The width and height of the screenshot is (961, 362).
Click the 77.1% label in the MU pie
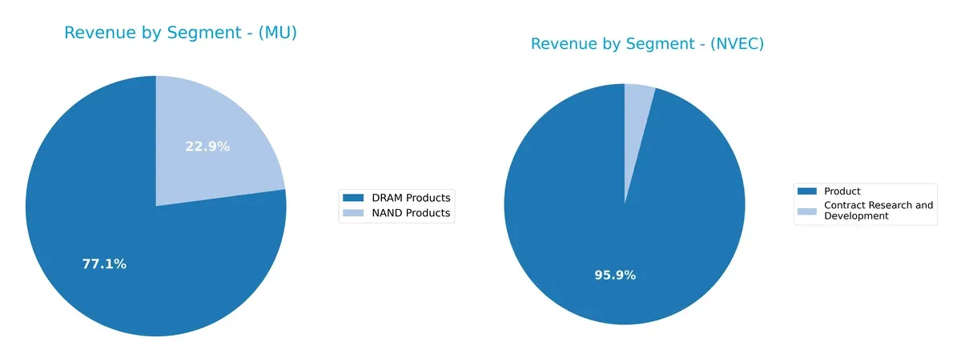[104, 264]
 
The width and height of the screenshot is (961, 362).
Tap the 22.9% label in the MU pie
[207, 147]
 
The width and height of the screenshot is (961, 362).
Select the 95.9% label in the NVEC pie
[614, 276]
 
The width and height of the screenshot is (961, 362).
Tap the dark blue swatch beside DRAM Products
[352, 198]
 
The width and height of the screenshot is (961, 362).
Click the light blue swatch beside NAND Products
[352, 213]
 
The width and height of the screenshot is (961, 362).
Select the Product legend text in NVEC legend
[842, 191]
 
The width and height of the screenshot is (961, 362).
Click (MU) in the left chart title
[273, 34]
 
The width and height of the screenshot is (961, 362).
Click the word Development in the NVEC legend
[856, 216]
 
